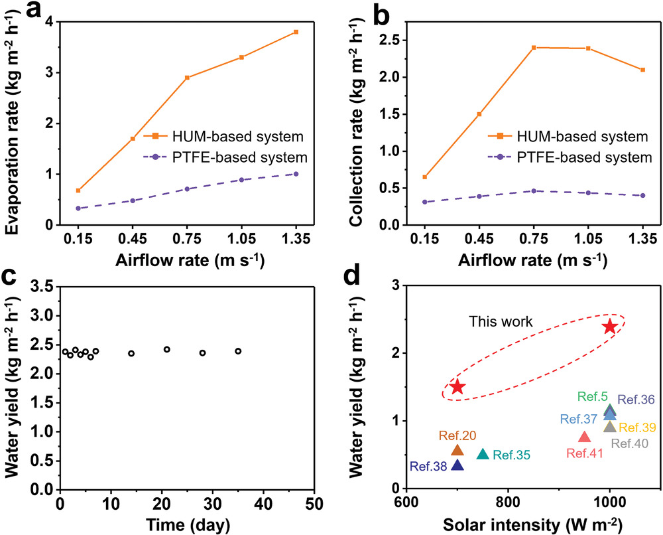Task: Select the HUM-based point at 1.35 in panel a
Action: click(296, 32)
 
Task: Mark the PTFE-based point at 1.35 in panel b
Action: click(642, 195)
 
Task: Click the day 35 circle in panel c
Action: click(238, 351)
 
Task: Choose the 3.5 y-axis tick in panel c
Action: click(42, 287)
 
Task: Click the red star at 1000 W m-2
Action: click(610, 327)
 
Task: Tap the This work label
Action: click(501, 322)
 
